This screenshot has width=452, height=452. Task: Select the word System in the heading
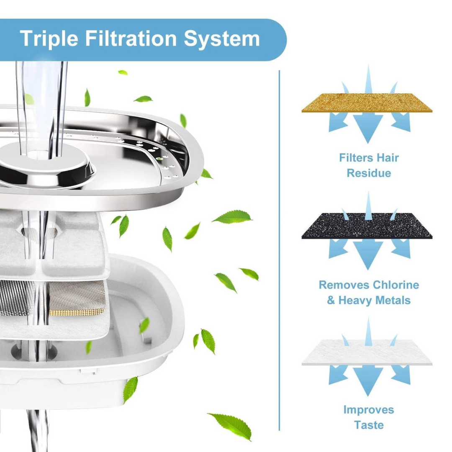point(222,39)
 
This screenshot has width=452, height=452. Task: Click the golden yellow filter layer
point(367,103)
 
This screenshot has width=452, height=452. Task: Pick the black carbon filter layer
point(367,226)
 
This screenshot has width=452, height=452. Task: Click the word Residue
point(369,173)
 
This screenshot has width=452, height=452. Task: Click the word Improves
point(369,410)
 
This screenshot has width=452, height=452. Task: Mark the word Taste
point(369,425)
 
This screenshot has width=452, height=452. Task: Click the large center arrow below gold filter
point(368,128)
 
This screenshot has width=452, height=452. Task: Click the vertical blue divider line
point(279,251)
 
